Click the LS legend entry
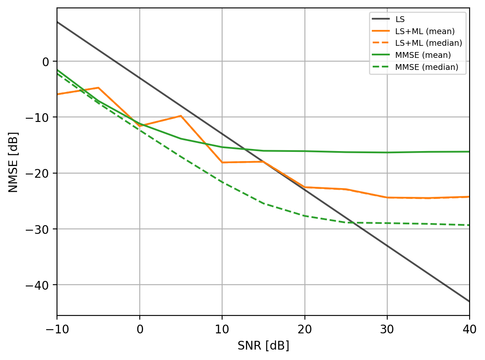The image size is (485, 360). (x=400, y=19)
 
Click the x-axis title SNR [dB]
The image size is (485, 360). (x=263, y=346)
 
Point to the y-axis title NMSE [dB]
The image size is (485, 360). (x=13, y=161)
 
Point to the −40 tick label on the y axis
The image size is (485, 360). (x=38, y=285)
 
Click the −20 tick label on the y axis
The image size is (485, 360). (x=38, y=173)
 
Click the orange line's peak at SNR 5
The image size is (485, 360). (x=181, y=116)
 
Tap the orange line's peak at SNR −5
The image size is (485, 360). (x=98, y=88)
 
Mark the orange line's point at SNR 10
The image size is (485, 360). (x=222, y=162)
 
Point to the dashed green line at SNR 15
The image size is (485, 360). (x=263, y=204)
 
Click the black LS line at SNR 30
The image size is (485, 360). (x=387, y=246)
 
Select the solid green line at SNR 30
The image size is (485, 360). (x=387, y=152)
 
